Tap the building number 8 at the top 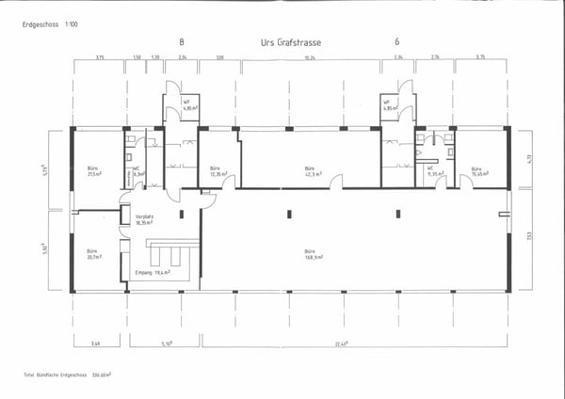pyautogui.click(x=181, y=42)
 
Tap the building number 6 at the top pyautogui.click(x=396, y=42)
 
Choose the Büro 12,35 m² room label pyautogui.click(x=218, y=172)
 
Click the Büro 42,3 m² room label pyautogui.click(x=313, y=172)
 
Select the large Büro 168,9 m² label pyautogui.click(x=313, y=254)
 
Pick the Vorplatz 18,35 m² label pyautogui.click(x=145, y=219)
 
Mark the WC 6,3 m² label pyautogui.click(x=138, y=172)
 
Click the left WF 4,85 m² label pyautogui.click(x=187, y=104)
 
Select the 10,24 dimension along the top pyautogui.click(x=309, y=57)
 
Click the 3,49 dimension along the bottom pyautogui.click(x=95, y=344)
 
